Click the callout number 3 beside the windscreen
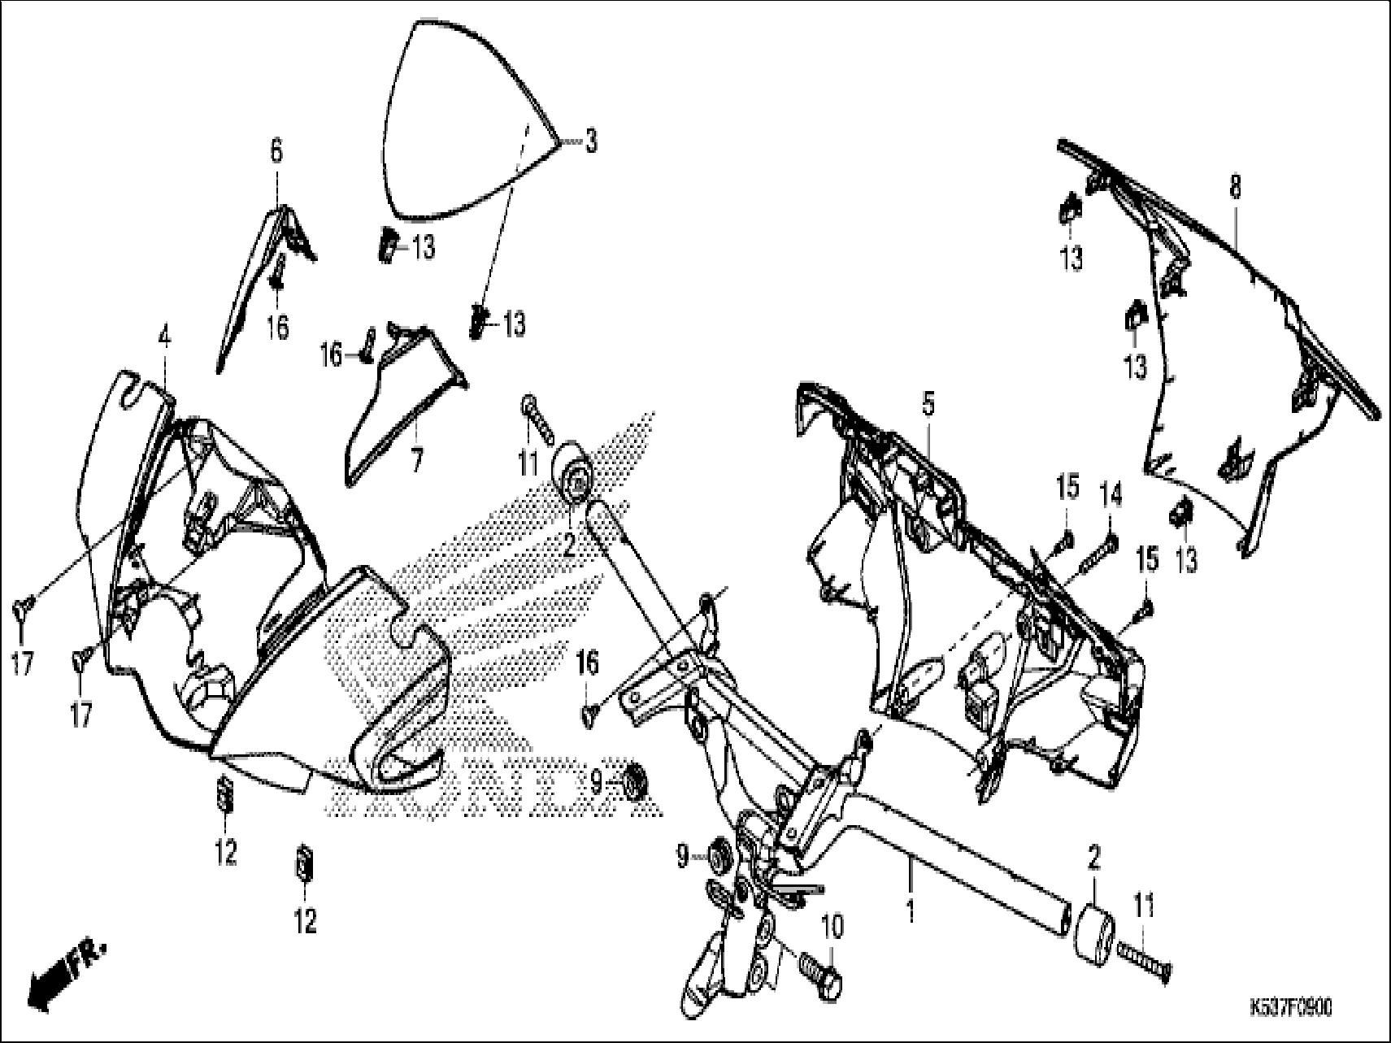(x=591, y=141)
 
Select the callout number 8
(x=1235, y=189)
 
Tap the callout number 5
(x=928, y=403)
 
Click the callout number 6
(x=276, y=151)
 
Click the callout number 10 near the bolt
(x=832, y=926)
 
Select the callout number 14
(x=1111, y=493)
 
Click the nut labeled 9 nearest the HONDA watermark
(x=637, y=782)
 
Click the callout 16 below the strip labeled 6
(x=278, y=328)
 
